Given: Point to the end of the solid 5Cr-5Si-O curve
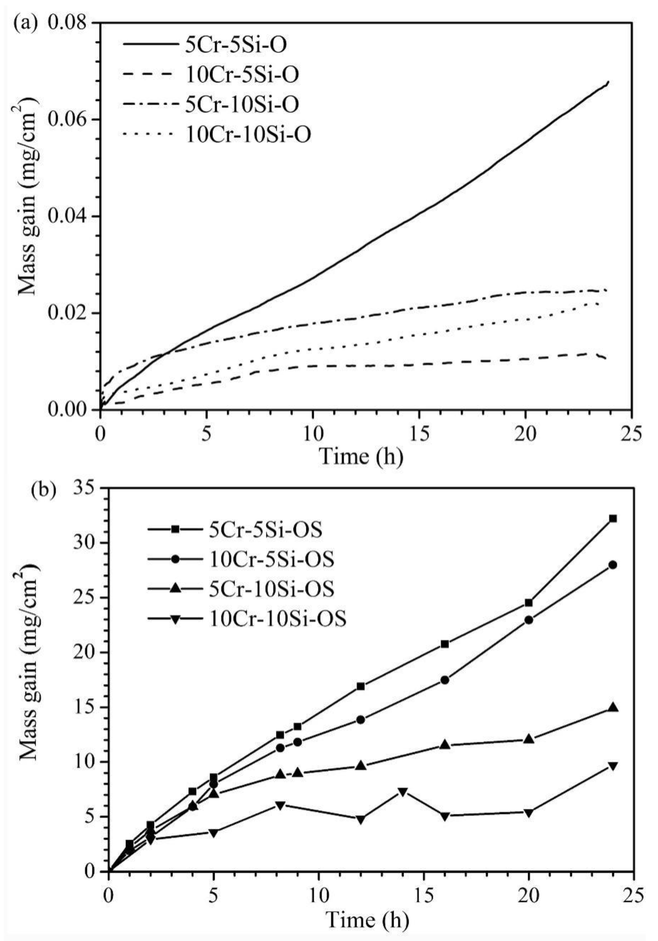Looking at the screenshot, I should pos(608,82).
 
